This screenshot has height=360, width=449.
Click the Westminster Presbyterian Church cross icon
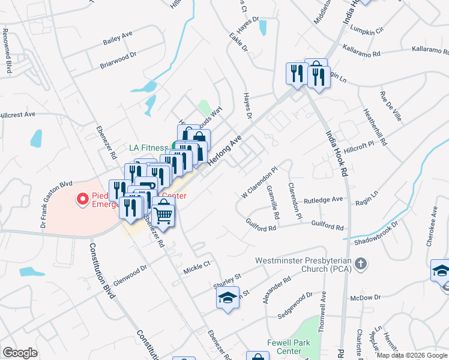click(x=360, y=263)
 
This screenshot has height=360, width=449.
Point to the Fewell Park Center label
click(x=284, y=347)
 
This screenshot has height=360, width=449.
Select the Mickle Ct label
click(x=198, y=264)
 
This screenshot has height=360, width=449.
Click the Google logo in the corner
click(x=20, y=353)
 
